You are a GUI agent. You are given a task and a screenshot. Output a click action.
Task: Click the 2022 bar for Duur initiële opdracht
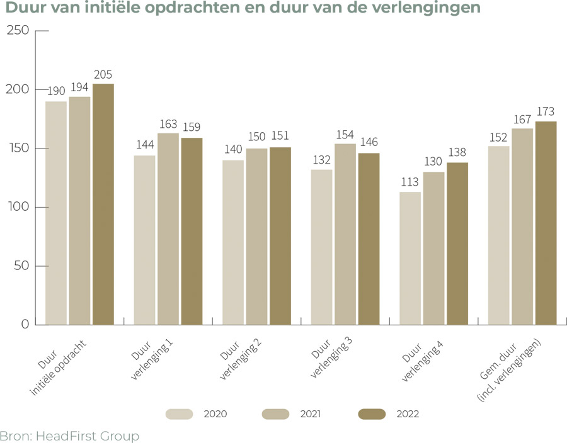coord(103,205)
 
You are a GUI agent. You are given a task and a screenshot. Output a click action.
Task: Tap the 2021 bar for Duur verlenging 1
coord(168,229)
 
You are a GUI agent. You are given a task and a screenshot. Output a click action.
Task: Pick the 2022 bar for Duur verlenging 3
coord(369,239)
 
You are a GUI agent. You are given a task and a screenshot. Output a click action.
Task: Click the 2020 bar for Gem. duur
coord(498,235)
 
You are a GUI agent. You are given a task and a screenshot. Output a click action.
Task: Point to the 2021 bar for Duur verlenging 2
coord(256,237)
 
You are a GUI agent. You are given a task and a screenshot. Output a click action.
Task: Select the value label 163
coord(168,125)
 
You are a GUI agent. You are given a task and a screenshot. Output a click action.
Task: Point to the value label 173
coord(546,113)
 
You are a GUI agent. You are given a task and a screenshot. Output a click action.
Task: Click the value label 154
coord(345,135)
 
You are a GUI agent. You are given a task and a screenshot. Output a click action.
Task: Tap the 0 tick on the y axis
coord(25,325)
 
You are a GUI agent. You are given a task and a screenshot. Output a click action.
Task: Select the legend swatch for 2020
coord(180,414)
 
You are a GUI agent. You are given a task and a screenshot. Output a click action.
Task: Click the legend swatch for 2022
coord(372,414)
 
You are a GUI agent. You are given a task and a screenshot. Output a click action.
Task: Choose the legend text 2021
coord(310,414)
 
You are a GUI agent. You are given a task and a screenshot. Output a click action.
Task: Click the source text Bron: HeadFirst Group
coord(69,435)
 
